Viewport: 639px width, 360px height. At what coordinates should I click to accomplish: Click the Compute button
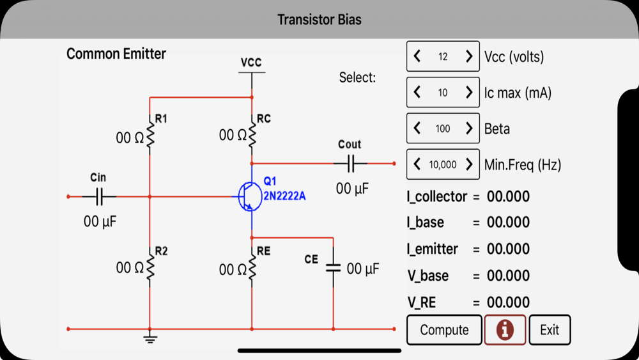[x=444, y=330]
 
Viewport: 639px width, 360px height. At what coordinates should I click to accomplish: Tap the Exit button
[x=550, y=330]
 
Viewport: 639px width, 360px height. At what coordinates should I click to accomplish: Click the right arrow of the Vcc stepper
[x=468, y=57]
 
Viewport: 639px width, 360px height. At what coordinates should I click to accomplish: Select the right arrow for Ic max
[x=468, y=93]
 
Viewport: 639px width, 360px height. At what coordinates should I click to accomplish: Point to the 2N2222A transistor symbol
[x=249, y=196]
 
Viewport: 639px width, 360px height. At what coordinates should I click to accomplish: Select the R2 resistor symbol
[x=151, y=267]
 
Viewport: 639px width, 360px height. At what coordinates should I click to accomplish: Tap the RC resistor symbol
[x=252, y=135]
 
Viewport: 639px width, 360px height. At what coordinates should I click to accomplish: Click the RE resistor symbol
[x=252, y=269]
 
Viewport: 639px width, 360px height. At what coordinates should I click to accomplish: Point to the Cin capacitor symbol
[x=99, y=197]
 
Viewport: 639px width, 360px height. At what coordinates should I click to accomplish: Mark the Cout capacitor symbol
[x=350, y=164]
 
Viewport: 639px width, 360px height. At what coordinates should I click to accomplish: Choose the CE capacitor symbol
[x=333, y=268]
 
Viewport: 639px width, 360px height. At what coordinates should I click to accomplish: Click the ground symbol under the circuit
[x=150, y=338]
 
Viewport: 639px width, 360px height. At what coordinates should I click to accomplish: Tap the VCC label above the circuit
[x=251, y=63]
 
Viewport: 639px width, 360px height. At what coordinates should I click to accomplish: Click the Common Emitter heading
[x=116, y=54]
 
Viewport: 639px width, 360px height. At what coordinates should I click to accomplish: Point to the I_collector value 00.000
[x=508, y=196]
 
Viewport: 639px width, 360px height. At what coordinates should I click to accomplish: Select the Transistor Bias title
[x=319, y=19]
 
